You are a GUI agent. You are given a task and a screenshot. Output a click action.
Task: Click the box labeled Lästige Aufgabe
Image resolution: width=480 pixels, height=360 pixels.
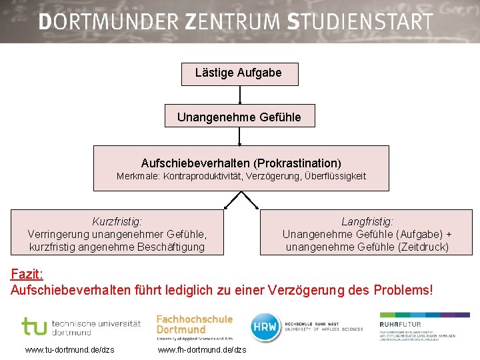(x=239, y=73)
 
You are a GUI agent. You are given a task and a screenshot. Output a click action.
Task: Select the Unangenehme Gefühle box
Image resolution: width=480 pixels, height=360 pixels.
(x=239, y=117)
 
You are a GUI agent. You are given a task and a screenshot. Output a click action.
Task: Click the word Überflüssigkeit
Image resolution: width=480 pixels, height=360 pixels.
(x=335, y=177)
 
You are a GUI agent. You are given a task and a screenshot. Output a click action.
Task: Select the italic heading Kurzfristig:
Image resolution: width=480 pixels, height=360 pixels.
(x=117, y=221)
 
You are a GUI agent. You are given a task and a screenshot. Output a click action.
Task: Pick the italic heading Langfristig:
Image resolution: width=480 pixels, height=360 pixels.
(x=367, y=221)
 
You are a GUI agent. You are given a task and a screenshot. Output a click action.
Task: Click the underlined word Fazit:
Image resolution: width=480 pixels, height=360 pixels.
(x=27, y=275)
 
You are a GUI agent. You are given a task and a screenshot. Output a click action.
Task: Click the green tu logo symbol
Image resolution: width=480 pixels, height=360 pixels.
(x=34, y=326)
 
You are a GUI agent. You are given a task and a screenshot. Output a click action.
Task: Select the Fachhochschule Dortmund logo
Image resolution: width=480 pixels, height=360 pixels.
(x=194, y=327)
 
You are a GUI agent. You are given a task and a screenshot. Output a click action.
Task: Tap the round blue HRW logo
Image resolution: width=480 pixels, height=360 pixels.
(x=265, y=327)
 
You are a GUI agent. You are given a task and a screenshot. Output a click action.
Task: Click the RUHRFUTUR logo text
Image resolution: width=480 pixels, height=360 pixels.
(x=400, y=325)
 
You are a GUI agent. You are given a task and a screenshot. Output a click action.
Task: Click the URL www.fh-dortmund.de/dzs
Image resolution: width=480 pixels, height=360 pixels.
(x=202, y=350)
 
